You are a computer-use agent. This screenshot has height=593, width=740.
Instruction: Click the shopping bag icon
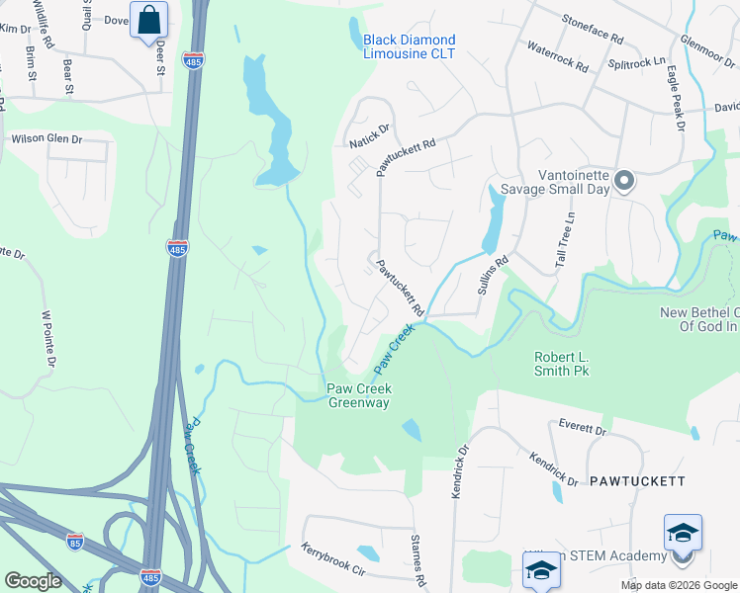tap(148, 20)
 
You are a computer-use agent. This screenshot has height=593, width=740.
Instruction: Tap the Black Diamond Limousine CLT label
tap(409, 46)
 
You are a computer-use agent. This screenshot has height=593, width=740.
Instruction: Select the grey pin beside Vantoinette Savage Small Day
tap(624, 181)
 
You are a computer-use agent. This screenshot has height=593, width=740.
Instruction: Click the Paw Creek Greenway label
tap(358, 395)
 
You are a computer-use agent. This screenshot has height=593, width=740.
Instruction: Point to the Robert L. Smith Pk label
tap(569, 364)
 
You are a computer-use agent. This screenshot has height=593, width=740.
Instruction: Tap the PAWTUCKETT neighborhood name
tap(637, 481)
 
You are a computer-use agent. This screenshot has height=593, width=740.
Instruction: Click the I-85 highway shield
tap(75, 542)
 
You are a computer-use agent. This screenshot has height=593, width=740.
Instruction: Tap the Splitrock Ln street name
tap(636, 61)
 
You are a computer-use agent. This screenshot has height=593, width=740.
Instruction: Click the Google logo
tap(33, 581)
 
